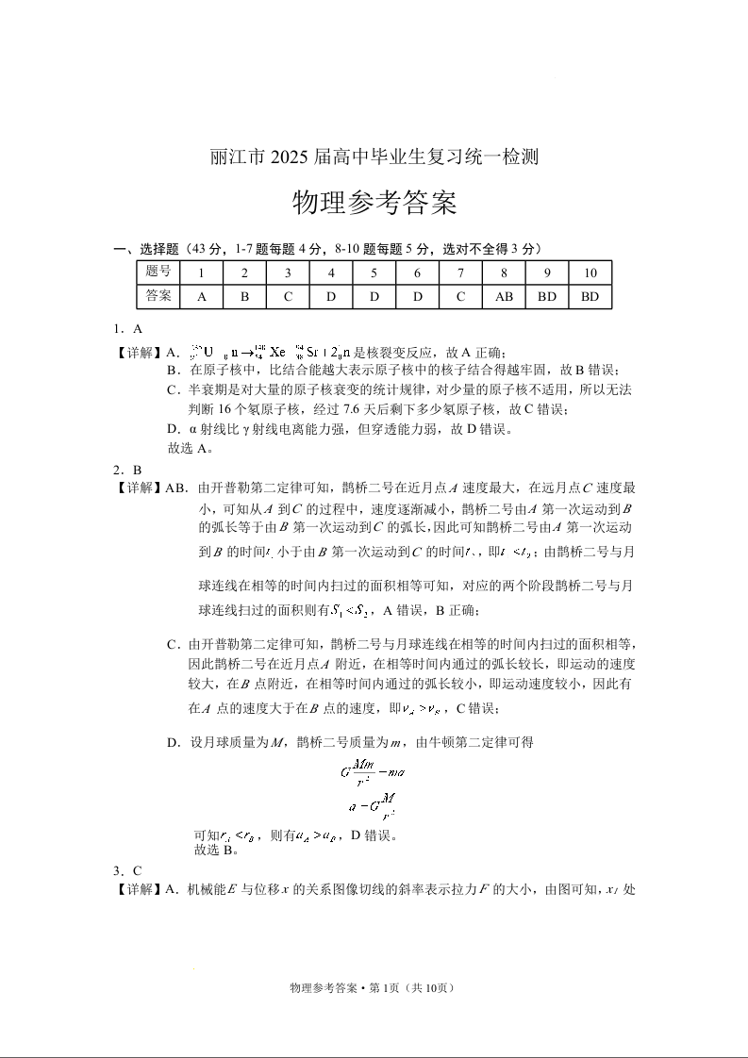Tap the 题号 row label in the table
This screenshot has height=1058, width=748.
(x=158, y=273)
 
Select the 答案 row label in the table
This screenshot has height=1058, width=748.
(x=158, y=296)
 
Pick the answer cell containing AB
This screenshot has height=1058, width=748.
(x=504, y=296)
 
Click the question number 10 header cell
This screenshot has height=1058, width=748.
(x=590, y=273)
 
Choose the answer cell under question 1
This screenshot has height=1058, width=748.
(x=201, y=296)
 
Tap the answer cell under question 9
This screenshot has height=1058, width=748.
(x=546, y=296)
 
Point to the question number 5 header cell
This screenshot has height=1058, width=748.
(x=374, y=273)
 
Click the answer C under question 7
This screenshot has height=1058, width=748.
(x=460, y=296)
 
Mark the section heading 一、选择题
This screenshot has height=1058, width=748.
(x=145, y=249)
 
